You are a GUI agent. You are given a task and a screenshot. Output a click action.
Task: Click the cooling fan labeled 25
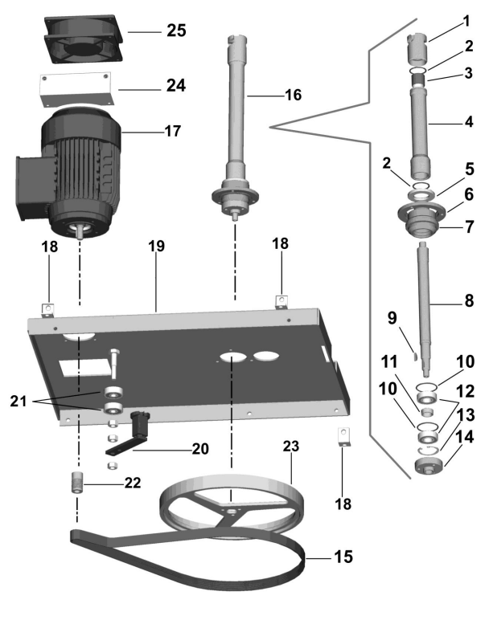(84, 39)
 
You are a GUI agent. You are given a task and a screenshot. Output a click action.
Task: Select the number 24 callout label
(176, 85)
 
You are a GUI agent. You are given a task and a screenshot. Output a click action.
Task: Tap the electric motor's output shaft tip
(80, 235)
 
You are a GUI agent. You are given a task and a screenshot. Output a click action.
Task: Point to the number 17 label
(173, 131)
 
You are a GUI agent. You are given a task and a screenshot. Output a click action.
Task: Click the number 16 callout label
(293, 95)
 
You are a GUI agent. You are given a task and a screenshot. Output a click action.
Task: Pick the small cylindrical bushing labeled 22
(76, 482)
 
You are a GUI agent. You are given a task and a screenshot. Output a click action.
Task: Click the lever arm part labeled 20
(127, 436)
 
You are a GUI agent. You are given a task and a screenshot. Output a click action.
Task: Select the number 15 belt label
(343, 557)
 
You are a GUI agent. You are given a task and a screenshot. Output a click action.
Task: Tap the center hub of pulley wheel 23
(231, 512)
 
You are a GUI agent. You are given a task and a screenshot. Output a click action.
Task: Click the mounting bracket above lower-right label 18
(344, 437)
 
